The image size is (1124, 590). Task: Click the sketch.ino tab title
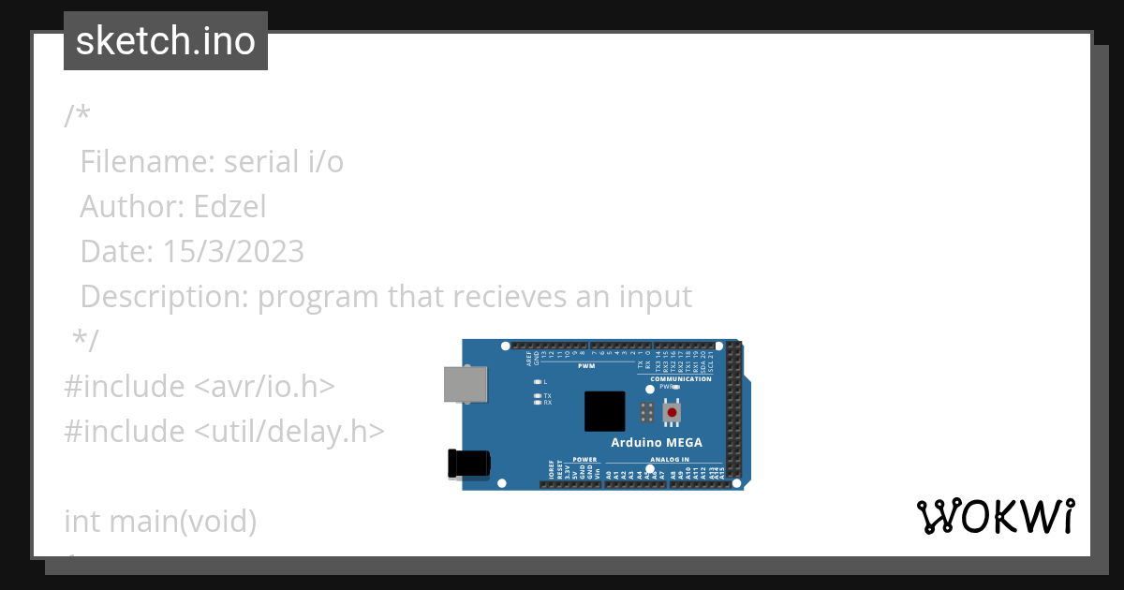pos(166,41)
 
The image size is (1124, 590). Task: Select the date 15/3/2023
pos(233,251)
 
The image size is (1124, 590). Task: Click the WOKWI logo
pos(996,517)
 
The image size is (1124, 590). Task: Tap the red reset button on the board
pos(672,413)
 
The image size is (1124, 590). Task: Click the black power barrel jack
pos(469,464)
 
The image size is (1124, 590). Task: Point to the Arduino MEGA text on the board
pos(657,443)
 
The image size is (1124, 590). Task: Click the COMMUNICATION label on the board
pos(681,379)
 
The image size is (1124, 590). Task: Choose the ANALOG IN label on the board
pos(670,460)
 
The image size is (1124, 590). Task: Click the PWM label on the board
pos(586,366)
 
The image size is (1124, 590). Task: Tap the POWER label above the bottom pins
pos(584,460)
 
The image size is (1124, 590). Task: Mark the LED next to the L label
pos(537,382)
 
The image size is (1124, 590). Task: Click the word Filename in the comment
pos(147,161)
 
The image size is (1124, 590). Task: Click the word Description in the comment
pos(164,296)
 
